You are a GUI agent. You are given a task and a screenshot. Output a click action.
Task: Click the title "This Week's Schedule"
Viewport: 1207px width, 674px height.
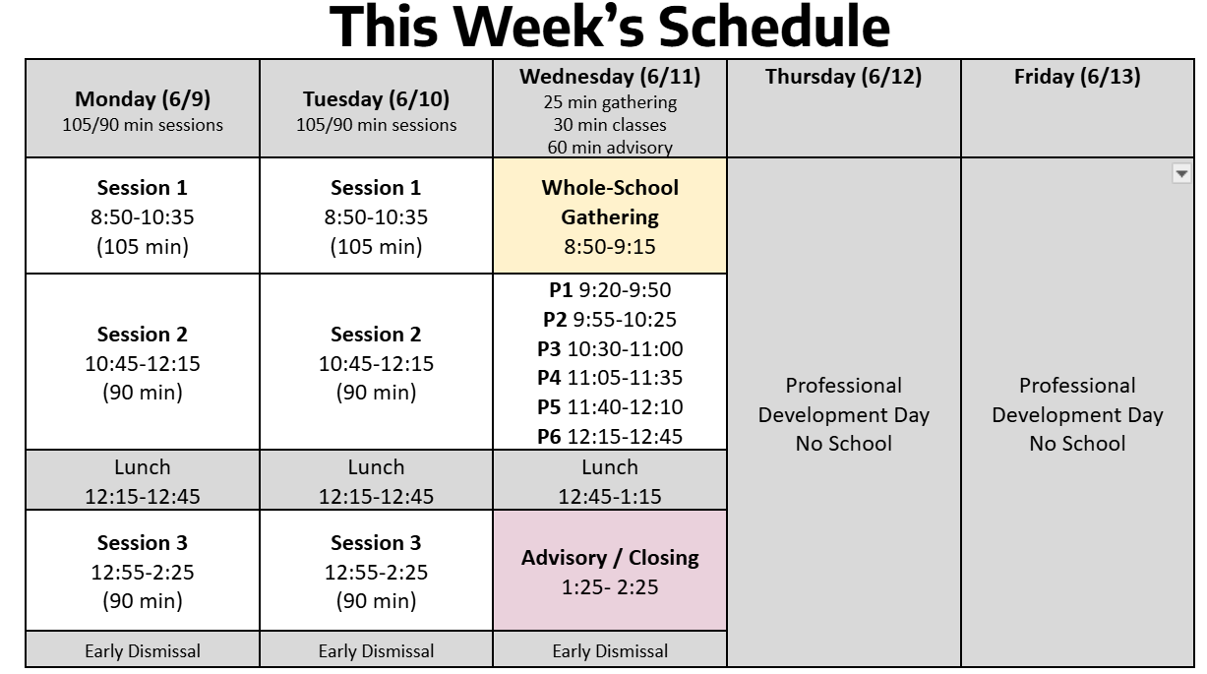[x=610, y=27]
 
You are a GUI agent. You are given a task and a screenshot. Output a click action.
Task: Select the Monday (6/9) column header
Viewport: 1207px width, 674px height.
[x=143, y=109]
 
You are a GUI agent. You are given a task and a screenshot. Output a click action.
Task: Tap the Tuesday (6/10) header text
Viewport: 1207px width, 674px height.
[x=376, y=99]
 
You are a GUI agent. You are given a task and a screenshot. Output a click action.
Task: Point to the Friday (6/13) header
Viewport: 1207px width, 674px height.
[x=1077, y=77]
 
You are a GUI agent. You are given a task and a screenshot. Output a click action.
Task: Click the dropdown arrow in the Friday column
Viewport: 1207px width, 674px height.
[x=1181, y=174]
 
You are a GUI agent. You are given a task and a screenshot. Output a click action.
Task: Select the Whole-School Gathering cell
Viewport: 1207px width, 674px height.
[x=610, y=216]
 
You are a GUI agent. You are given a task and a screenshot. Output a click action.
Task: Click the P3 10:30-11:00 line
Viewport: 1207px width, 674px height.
[x=610, y=349]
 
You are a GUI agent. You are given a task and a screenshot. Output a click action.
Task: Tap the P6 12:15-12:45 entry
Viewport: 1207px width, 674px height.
[x=610, y=437]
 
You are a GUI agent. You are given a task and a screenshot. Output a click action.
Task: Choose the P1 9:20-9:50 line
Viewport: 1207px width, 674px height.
[x=610, y=290]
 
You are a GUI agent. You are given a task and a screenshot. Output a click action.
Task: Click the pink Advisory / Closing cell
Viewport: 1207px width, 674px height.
[x=610, y=571]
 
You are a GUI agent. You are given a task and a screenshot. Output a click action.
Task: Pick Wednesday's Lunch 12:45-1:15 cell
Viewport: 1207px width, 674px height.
[x=610, y=480]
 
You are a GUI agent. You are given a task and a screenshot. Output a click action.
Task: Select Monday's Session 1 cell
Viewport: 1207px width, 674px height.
[x=143, y=216]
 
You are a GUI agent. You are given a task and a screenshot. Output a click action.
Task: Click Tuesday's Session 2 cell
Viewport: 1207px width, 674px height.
[x=376, y=362]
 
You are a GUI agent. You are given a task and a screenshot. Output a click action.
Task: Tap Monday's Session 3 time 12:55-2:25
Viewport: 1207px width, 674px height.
[x=143, y=573]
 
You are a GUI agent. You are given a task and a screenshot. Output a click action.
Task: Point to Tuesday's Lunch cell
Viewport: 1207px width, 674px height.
[x=376, y=480]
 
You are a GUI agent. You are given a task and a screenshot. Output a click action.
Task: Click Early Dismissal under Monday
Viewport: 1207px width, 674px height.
[x=143, y=651]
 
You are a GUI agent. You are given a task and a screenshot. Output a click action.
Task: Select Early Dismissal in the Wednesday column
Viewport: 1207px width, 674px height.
[x=610, y=651]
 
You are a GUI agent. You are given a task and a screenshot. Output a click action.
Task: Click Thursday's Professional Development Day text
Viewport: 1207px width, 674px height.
[x=844, y=415]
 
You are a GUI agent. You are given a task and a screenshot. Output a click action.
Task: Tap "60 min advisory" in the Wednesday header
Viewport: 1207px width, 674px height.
[x=610, y=147]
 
